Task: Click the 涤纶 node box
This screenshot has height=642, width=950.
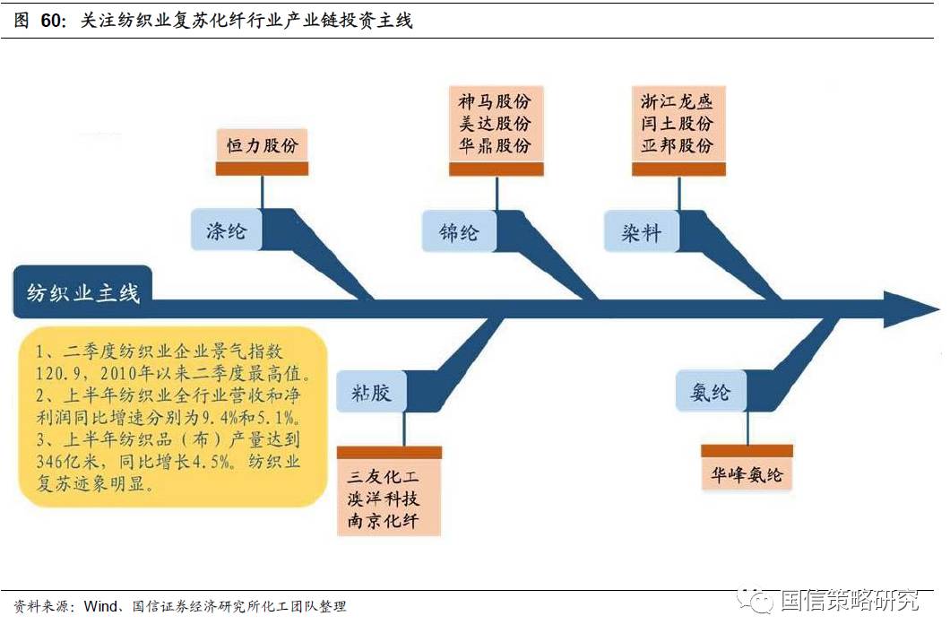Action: click(226, 231)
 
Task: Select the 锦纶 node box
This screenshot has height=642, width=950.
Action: click(459, 232)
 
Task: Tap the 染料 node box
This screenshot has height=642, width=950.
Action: click(641, 232)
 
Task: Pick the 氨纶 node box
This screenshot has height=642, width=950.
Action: click(710, 392)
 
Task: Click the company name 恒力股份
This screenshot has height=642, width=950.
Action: click(262, 145)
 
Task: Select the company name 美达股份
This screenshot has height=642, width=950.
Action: click(494, 124)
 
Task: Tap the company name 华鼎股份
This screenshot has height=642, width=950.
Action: click(494, 145)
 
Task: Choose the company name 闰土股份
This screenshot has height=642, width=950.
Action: click(677, 124)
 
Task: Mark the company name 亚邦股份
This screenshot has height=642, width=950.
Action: click(677, 145)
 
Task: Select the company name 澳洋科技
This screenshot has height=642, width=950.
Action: click(388, 499)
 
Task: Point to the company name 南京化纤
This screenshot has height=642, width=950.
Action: click(388, 521)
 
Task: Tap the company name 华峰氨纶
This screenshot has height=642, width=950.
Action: click(747, 474)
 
